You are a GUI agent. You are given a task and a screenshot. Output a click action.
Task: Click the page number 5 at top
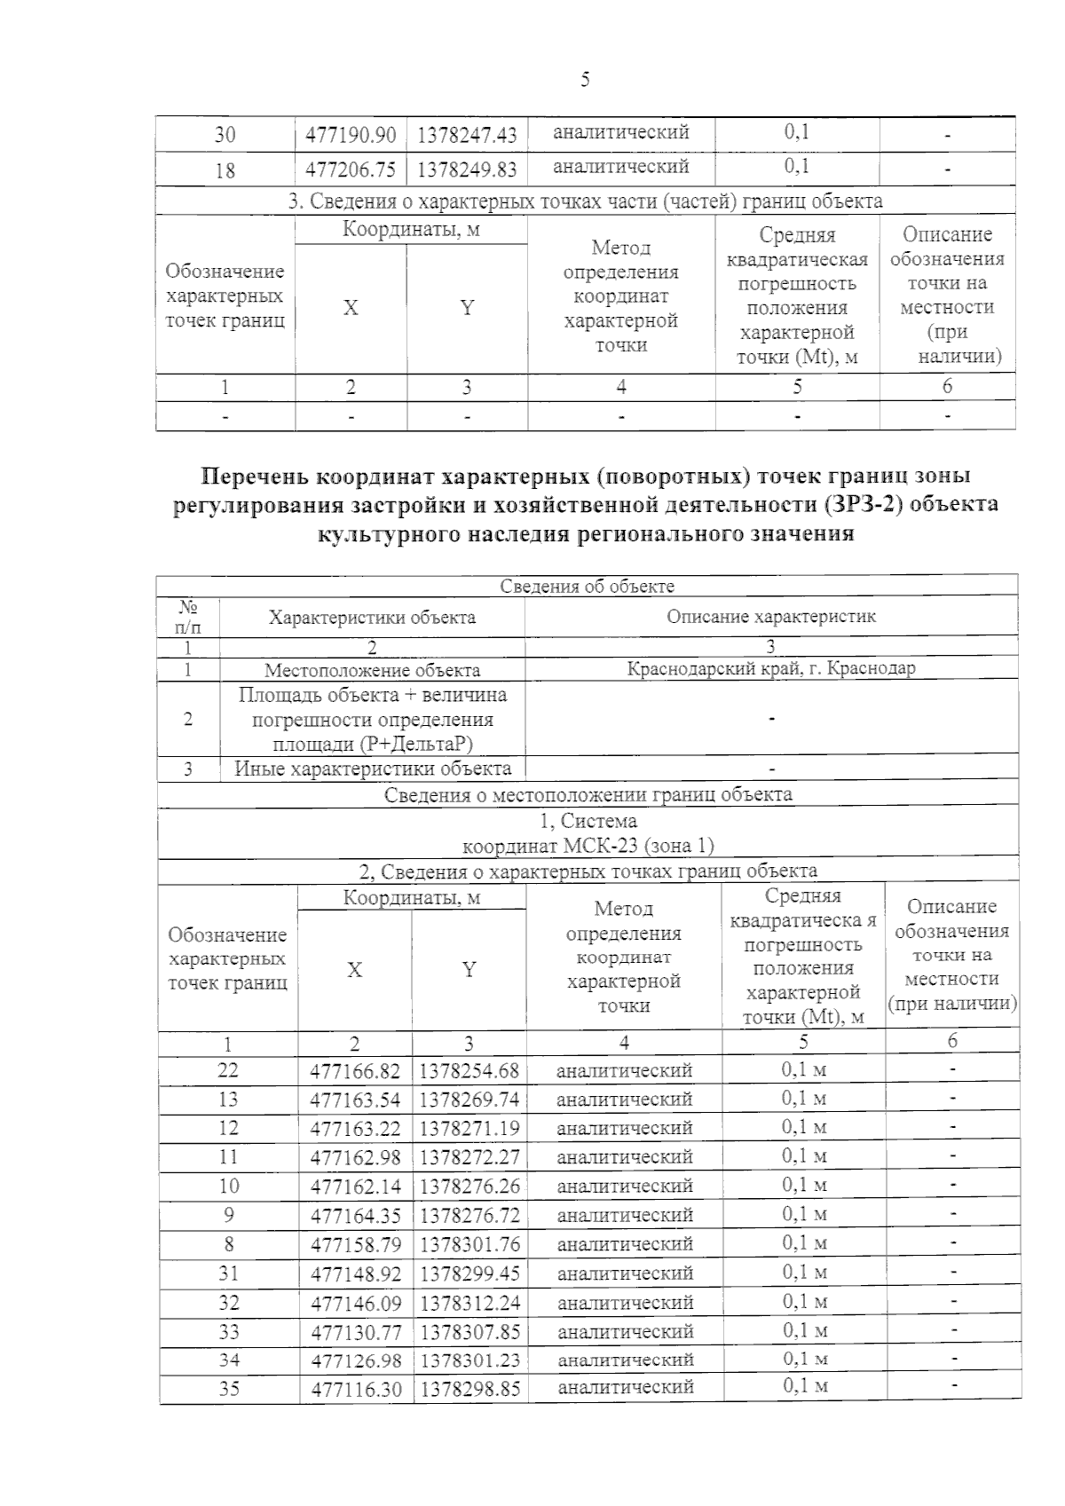click(x=585, y=81)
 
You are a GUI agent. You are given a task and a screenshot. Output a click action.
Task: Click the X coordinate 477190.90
click(x=351, y=135)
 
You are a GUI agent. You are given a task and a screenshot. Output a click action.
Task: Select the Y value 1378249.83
click(x=467, y=169)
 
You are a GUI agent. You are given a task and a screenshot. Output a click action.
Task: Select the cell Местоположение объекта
click(x=372, y=671)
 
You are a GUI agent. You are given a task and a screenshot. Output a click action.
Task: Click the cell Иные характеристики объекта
click(x=373, y=769)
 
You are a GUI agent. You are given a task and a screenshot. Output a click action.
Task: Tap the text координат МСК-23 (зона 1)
click(x=588, y=846)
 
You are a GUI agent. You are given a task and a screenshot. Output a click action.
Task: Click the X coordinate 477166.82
click(x=355, y=1071)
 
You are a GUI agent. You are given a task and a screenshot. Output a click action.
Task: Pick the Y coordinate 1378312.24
click(x=469, y=1303)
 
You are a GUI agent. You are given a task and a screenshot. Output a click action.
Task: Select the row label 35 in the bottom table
click(x=229, y=1389)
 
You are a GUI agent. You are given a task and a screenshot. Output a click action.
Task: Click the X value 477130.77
click(x=355, y=1332)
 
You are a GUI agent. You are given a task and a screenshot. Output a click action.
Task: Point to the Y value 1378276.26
click(x=469, y=1187)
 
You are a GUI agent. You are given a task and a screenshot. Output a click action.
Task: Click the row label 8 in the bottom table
click(x=229, y=1244)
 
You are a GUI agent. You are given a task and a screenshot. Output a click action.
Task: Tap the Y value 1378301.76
click(x=469, y=1244)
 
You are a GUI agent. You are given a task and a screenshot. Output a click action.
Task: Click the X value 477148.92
click(x=355, y=1273)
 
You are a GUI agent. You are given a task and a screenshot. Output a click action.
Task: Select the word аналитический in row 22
click(x=624, y=1071)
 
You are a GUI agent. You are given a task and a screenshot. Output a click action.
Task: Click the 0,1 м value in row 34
click(x=804, y=1360)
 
